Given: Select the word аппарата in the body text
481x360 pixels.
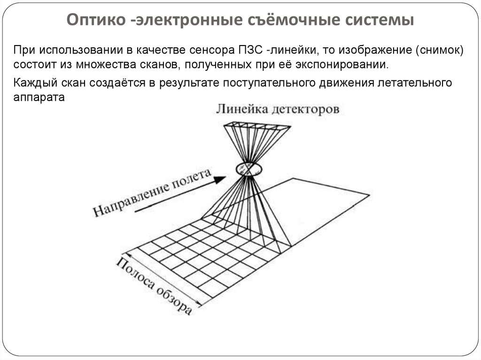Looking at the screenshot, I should pos(39,97).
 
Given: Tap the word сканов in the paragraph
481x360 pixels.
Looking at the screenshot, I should pos(154,63).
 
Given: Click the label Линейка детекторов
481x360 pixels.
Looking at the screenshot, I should pos(278,109).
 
